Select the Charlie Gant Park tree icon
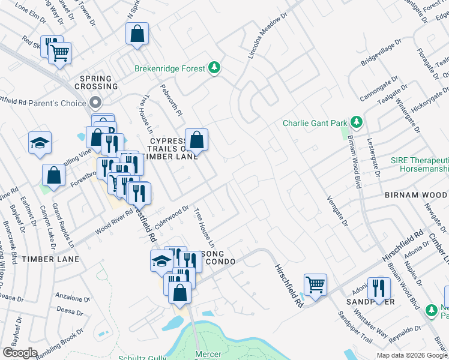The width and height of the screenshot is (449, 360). pos(357,122)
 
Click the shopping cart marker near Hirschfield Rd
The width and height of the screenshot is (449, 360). pos(315,284)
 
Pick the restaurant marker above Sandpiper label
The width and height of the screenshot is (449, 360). pos(379,288)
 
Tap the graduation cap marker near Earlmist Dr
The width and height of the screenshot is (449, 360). pos(40,143)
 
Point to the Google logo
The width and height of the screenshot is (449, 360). pos(20,353)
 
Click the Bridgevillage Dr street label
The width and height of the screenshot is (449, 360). pos(380,55)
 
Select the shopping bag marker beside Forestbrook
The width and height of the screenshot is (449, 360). pos(53,175)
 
